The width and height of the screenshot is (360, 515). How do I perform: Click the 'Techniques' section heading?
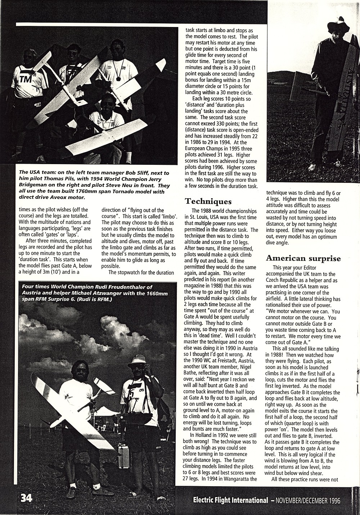click(x=208, y=201)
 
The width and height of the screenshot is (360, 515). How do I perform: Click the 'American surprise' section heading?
click(x=303, y=258)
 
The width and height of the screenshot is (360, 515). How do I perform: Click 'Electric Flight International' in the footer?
click(x=230, y=500)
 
